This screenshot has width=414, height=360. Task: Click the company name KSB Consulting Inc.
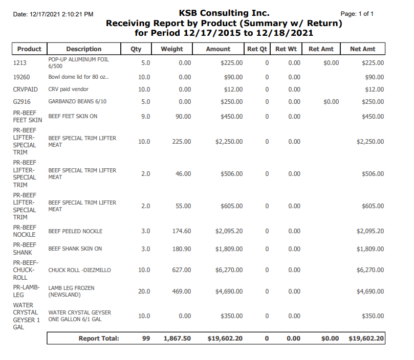tap(224, 13)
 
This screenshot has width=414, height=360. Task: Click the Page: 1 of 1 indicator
tap(357, 14)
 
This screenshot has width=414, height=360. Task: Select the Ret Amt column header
tap(321, 49)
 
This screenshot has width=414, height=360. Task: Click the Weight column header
tap(171, 49)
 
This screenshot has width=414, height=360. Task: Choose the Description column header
tap(84, 49)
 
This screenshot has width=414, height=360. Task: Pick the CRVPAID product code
tap(26, 89)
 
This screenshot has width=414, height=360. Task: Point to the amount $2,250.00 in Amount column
tap(229, 142)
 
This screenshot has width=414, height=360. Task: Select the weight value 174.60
tap(181, 231)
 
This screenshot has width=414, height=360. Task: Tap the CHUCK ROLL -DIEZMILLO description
tap(79, 270)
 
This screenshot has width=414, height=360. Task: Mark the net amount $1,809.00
tap(370, 249)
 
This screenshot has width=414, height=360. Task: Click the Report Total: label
tap(99, 339)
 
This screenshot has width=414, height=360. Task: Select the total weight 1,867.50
tap(177, 339)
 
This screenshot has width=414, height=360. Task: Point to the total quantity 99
tap(146, 339)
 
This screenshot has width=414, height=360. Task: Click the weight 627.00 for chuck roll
tap(181, 270)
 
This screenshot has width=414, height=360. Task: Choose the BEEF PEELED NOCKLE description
tap(75, 231)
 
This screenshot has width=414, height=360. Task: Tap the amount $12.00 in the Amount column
tap(233, 89)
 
